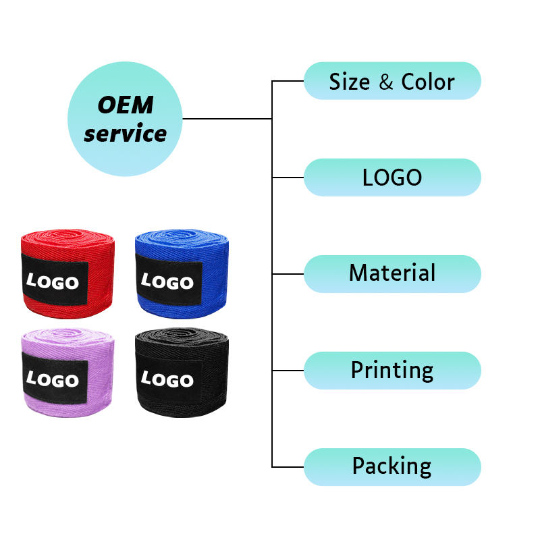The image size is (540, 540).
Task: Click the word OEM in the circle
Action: coord(126,105)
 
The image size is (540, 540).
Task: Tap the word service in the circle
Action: coord(126,133)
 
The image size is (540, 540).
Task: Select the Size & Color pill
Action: coord(392,81)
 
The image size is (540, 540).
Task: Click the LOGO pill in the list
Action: coord(392,178)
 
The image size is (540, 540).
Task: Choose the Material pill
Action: coord(392,274)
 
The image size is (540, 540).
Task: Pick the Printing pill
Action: coord(392,371)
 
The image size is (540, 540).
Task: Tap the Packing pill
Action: coord(392,467)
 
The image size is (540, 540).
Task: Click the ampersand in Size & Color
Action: coord(386,82)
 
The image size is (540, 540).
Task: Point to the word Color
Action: coord(428,82)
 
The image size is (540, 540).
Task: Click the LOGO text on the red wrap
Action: coord(53,281)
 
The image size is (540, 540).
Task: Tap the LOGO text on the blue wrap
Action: coord(167,281)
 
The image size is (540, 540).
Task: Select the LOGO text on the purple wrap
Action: coord(53,379)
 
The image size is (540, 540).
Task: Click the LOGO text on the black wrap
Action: coord(167,379)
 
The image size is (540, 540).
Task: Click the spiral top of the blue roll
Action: coord(182,237)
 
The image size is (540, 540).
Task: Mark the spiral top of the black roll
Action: coord(182,335)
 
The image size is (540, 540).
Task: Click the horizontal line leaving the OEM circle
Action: coord(227,119)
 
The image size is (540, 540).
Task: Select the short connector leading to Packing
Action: coord(288,467)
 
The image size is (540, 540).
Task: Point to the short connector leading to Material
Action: coord(288,274)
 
